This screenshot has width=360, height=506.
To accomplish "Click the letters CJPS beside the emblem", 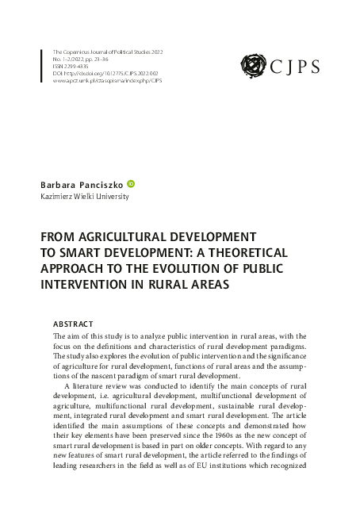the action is [x=296, y=65].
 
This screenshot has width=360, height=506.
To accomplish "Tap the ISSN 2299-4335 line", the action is [x=72, y=66].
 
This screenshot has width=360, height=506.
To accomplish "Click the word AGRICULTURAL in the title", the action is [x=133, y=237].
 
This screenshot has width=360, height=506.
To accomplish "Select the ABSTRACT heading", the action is [x=72, y=324].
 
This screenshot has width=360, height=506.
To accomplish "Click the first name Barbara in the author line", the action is [x=58, y=183].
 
